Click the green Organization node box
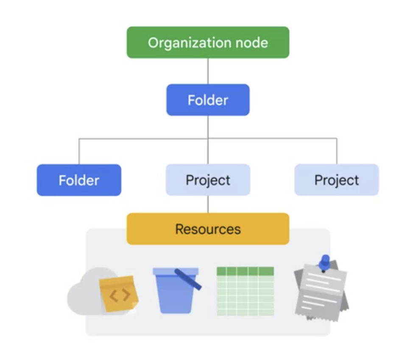tap(208, 42)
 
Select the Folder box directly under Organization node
tap(208, 100)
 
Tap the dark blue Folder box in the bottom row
tap(79, 180)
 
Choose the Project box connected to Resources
tap(208, 180)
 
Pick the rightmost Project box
tap(336, 180)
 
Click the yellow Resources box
tap(208, 229)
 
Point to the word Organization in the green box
tap(187, 43)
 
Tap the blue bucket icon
tap(174, 293)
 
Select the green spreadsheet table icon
tap(245, 292)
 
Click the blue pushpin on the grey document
tap(325, 262)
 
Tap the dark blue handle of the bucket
tap(189, 279)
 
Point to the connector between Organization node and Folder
tap(208, 71)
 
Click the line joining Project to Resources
tap(208, 204)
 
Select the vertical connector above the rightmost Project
tap(337, 151)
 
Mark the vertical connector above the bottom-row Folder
tap(79, 151)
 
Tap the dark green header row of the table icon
tap(245, 271)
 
